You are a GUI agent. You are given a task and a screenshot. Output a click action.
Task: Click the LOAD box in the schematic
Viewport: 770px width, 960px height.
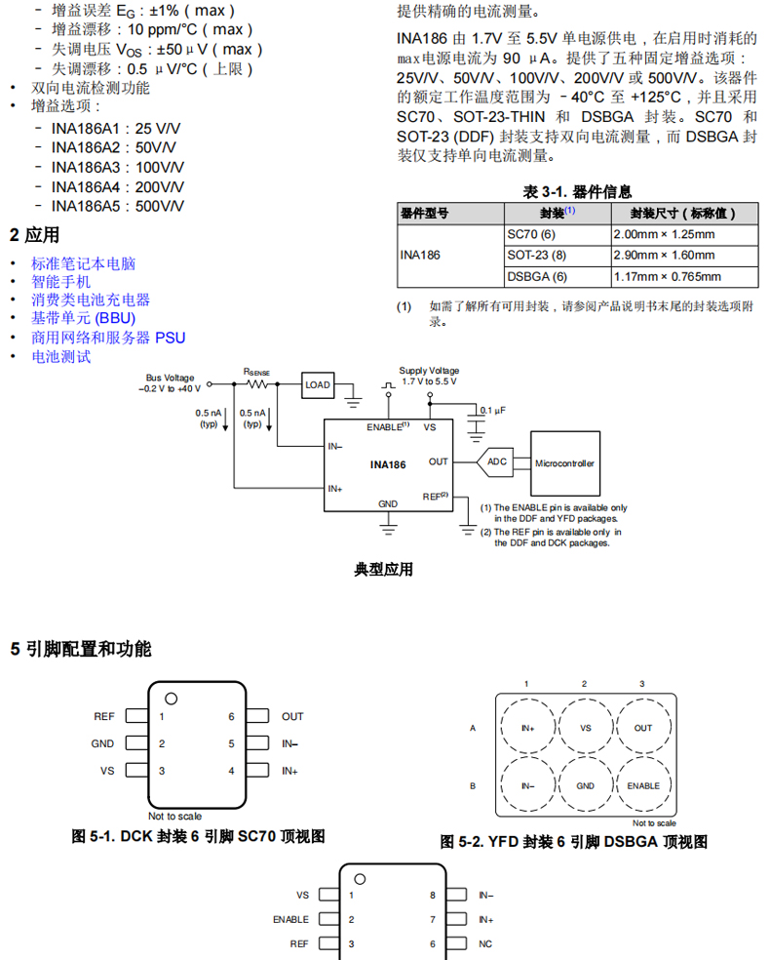coord(318,385)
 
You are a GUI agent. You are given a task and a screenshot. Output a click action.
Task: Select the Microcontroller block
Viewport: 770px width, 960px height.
coord(564,463)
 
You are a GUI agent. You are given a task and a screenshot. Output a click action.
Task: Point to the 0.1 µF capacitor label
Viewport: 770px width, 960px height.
coord(493,411)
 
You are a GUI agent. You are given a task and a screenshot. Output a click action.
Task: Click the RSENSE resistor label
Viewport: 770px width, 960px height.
coord(257,372)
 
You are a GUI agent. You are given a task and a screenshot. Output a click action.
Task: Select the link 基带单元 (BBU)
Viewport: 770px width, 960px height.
coord(83,318)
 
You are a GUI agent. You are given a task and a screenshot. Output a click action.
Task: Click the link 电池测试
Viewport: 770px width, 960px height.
coord(60,356)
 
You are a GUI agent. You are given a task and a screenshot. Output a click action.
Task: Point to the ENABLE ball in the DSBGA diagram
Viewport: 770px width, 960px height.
coord(642,785)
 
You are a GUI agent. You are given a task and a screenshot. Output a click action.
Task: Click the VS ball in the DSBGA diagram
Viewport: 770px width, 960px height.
coord(585,728)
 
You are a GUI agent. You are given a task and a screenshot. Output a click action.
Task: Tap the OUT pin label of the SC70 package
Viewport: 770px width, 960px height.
coord(292,716)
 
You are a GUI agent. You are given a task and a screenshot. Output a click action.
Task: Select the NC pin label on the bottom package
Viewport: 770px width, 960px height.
coord(485,944)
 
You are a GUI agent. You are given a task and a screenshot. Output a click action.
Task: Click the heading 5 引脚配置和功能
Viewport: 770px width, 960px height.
coord(81,649)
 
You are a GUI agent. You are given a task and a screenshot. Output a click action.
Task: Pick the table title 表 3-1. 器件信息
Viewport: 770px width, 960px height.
coord(577,192)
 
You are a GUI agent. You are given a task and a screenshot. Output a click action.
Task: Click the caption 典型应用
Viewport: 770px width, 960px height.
coord(383,569)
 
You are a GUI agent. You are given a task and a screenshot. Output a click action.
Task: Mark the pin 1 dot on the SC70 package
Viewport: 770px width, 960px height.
coord(172,698)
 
